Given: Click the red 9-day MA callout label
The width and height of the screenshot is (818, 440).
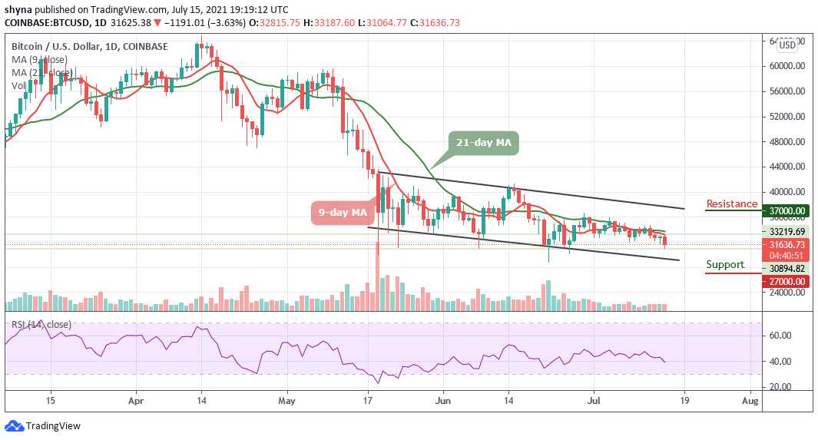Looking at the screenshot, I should click(x=343, y=211).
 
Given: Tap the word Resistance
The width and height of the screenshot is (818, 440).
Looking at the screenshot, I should click(x=732, y=204).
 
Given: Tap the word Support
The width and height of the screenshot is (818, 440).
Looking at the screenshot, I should click(x=725, y=265).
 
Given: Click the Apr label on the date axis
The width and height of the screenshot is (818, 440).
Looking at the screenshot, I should click(x=136, y=400).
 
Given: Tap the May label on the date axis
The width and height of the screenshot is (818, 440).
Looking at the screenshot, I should click(x=286, y=400).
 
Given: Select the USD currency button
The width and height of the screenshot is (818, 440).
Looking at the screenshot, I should click(x=787, y=45).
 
